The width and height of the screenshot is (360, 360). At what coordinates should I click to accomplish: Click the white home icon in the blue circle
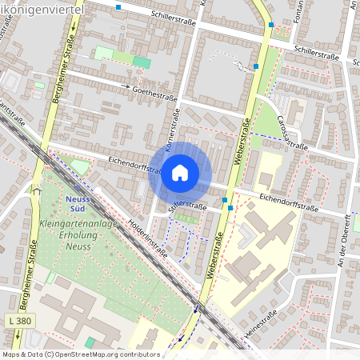[x=180, y=172]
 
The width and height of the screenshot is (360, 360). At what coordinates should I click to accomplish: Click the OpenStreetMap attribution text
[x=80, y=354]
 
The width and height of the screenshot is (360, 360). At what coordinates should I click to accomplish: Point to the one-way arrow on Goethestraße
[x=126, y=86]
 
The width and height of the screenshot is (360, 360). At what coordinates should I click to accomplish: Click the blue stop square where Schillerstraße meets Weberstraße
[x=271, y=25]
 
